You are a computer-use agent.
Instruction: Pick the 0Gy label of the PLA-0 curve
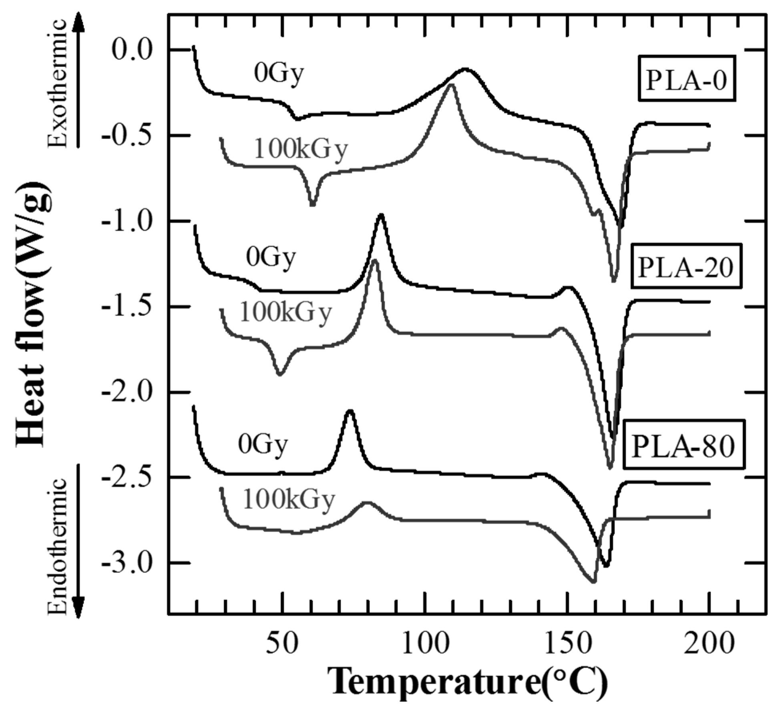[279, 74]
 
